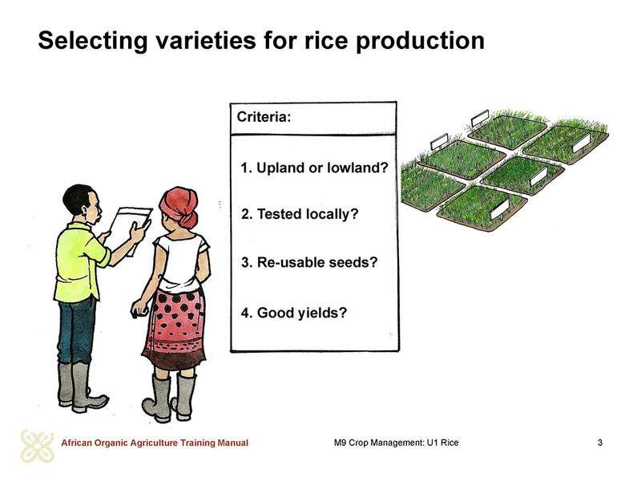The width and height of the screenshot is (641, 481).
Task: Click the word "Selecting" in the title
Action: (x=92, y=41)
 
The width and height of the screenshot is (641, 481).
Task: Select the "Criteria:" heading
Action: (x=264, y=117)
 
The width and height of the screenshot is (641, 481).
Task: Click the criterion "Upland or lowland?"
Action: (x=314, y=168)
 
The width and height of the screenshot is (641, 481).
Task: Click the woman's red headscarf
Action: (x=179, y=206)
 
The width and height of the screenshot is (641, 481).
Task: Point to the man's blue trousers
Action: (x=76, y=330)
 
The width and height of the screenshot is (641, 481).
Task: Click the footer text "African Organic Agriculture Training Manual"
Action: (x=155, y=443)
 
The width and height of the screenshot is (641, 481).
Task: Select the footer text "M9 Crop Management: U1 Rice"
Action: (x=396, y=443)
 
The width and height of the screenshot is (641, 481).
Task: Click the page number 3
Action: (x=599, y=443)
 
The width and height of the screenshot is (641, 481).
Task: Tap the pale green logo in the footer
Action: (x=37, y=446)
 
